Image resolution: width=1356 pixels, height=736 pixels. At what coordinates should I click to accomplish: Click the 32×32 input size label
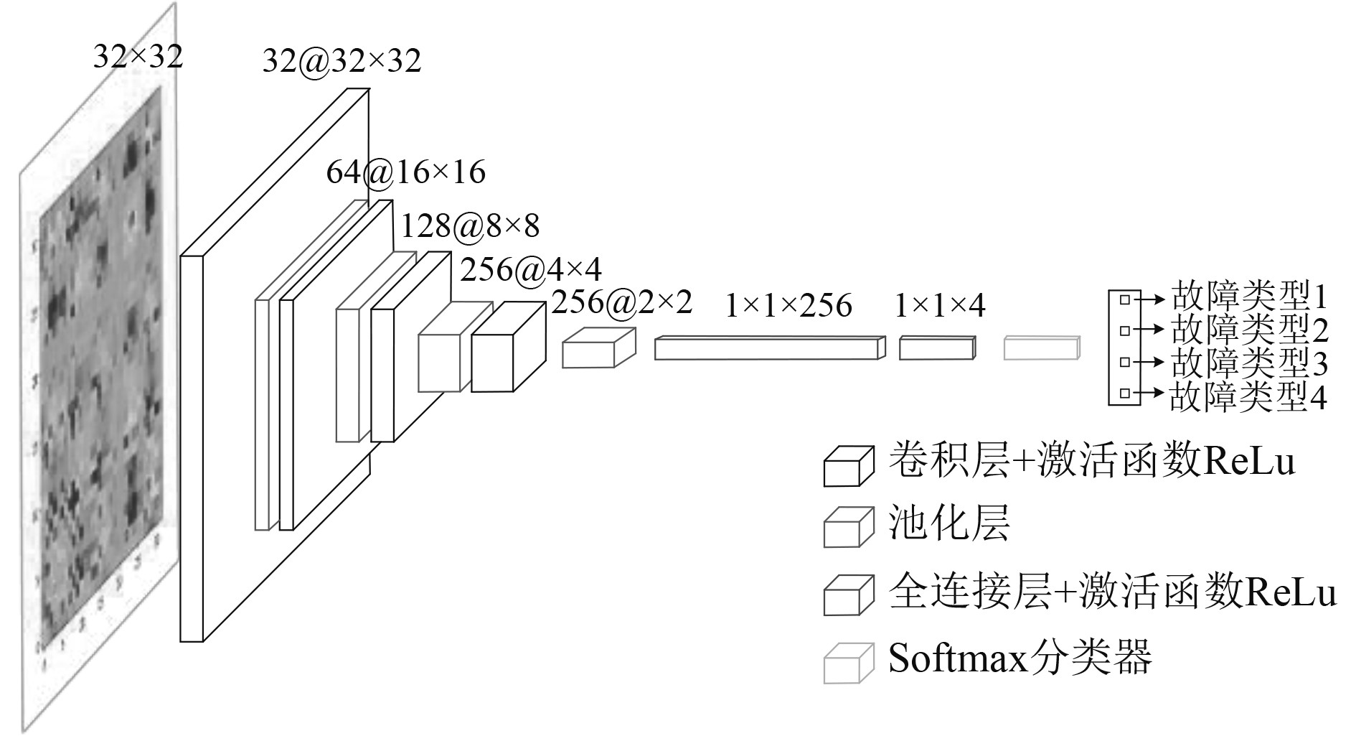tap(138, 56)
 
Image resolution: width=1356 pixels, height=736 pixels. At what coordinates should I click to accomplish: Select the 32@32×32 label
tap(342, 61)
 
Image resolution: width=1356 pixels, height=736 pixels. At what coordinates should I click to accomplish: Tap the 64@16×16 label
tap(405, 172)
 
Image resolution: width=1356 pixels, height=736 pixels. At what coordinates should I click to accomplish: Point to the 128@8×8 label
tap(469, 226)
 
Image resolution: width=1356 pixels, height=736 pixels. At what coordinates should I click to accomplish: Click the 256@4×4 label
tap(530, 270)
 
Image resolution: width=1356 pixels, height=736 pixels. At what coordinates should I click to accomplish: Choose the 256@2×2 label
tap(621, 302)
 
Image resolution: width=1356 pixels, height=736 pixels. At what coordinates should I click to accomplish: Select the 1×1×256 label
tap(788, 306)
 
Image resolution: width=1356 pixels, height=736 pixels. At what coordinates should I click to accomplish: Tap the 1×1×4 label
tap(939, 307)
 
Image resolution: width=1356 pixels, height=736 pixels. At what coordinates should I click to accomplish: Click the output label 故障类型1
tap(1249, 296)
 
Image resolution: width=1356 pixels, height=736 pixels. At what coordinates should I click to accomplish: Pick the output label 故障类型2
tap(1249, 330)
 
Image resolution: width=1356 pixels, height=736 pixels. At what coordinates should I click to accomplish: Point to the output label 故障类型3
tap(1249, 363)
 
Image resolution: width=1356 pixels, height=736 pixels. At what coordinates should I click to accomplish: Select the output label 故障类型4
tap(1248, 396)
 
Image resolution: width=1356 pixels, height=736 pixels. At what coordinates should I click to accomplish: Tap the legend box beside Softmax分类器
tap(848, 663)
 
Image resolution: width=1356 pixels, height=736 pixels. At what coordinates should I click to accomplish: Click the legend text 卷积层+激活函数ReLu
tap(1091, 460)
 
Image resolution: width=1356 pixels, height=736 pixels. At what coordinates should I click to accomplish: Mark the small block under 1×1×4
tap(936, 348)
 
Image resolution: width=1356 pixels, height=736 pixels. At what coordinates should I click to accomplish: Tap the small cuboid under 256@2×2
tap(598, 349)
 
